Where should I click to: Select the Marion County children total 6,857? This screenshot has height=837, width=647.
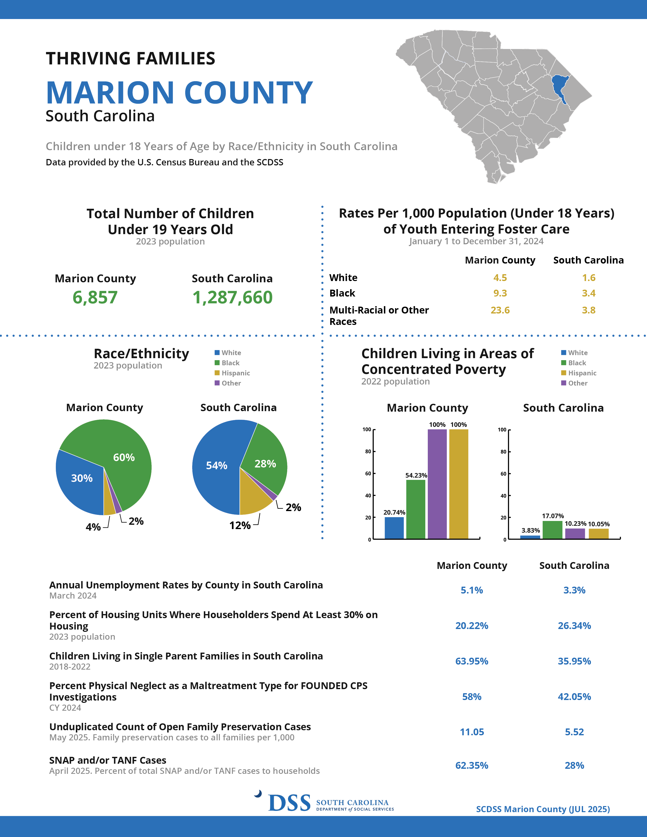pyautogui.click(x=95, y=298)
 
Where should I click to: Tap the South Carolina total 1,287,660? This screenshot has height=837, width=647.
pyautogui.click(x=232, y=298)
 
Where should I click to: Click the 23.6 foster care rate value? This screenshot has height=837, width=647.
pyautogui.click(x=500, y=310)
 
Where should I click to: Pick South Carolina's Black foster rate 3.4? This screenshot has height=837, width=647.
pyautogui.click(x=589, y=293)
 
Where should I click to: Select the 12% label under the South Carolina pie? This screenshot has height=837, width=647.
pyautogui.click(x=240, y=526)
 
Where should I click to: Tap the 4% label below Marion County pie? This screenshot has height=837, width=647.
pyautogui.click(x=93, y=527)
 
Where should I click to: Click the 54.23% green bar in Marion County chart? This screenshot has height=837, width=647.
pyautogui.click(x=416, y=509)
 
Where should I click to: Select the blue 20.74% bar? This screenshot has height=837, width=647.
pyautogui.click(x=394, y=528)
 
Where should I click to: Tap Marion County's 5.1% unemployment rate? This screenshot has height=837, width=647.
pyautogui.click(x=472, y=590)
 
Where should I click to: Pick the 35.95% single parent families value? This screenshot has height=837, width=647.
pyautogui.click(x=574, y=661)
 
